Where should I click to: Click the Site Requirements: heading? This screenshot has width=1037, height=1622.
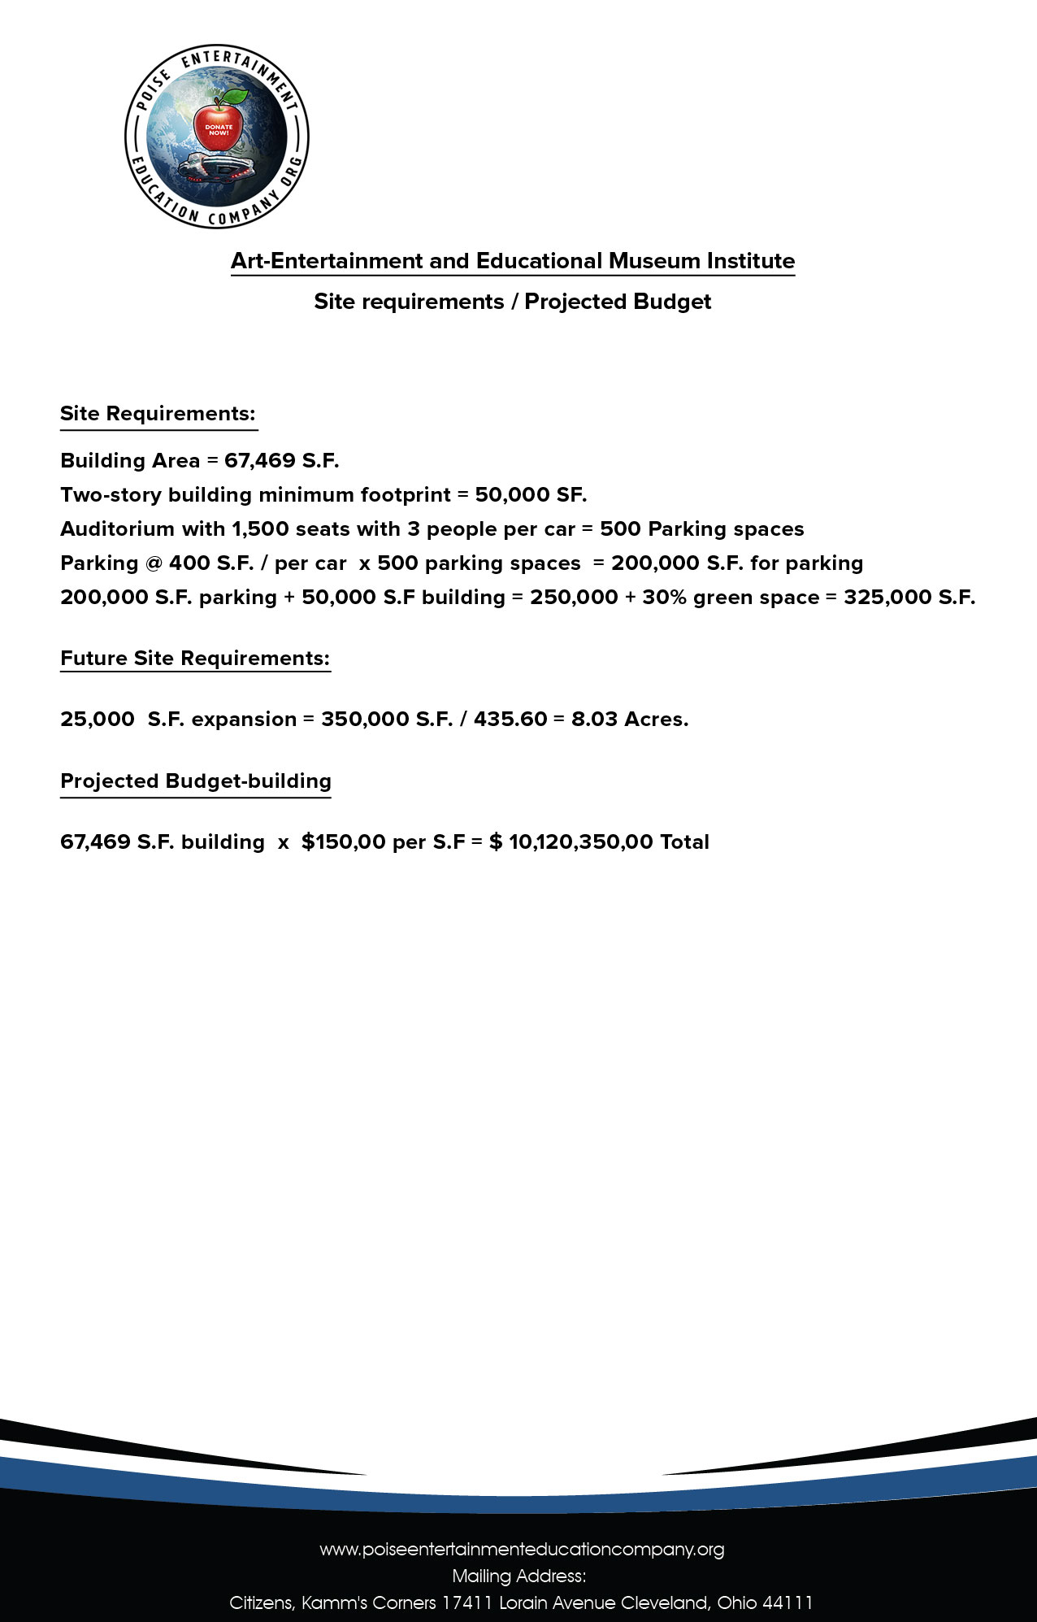point(158,414)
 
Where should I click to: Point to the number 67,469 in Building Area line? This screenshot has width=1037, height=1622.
point(259,461)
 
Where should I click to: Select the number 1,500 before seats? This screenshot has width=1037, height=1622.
point(260,529)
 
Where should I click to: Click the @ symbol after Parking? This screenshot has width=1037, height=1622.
point(154,563)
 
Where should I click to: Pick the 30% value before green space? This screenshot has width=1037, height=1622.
point(664,598)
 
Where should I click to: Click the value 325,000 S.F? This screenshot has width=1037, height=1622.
point(909,598)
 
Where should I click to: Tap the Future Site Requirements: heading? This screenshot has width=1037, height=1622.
point(195,659)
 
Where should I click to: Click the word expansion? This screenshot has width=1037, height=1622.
point(244,720)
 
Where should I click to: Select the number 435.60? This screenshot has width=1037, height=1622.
point(510,720)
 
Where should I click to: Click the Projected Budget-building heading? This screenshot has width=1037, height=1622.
point(195,781)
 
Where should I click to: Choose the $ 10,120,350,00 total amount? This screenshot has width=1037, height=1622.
point(572,842)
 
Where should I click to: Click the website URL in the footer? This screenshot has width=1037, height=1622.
point(522,1550)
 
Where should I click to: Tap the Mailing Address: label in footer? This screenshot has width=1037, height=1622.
point(518,1576)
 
